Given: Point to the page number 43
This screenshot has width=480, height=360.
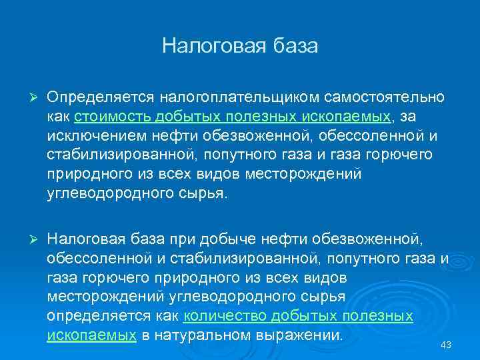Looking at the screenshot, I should (447, 345).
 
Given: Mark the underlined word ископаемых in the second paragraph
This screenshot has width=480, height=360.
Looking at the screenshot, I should (91, 335).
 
